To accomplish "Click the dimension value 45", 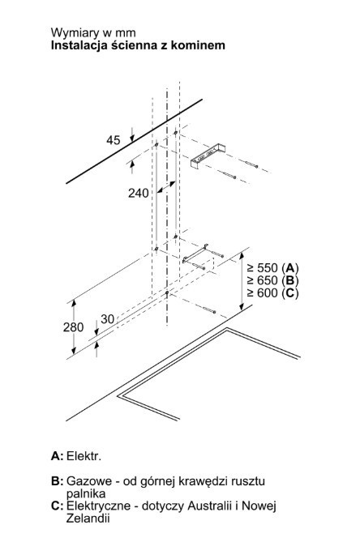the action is tap(113, 140).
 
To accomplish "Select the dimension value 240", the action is tap(138, 194).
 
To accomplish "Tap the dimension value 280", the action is tap(73, 327).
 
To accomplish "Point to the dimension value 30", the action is tap(107, 319).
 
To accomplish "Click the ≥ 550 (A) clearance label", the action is tap(272, 267).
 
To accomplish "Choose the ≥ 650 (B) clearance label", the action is tap(272, 280).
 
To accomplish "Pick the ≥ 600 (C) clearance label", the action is tap(272, 292).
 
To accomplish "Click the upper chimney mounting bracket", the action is tap(208, 156).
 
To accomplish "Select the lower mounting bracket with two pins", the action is tap(195, 254).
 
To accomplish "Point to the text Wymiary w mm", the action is tap(93, 32).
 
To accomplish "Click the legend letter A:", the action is tap(57, 456).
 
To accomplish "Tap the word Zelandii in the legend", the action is tap(88, 518).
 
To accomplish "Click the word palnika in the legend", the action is tap(86, 494).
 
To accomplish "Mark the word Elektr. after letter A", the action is tap(84, 456).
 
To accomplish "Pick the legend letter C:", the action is tap(58, 506).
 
